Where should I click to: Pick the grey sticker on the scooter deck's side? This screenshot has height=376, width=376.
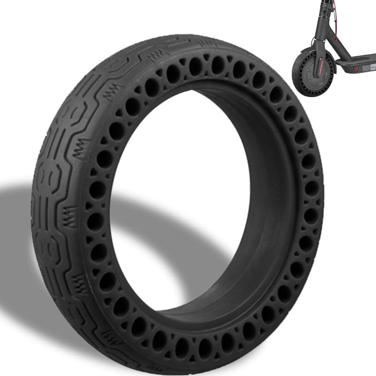coord(368,67)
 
